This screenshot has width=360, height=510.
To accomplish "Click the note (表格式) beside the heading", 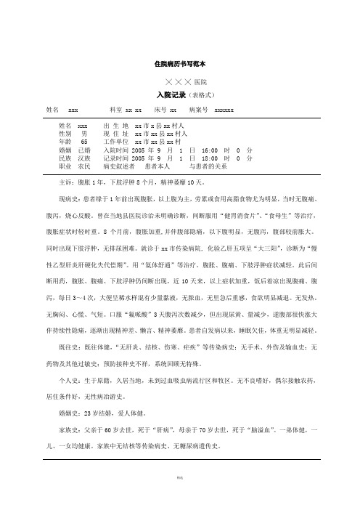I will [x=205, y=95].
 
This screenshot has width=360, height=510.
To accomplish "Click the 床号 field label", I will [x=160, y=110].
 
